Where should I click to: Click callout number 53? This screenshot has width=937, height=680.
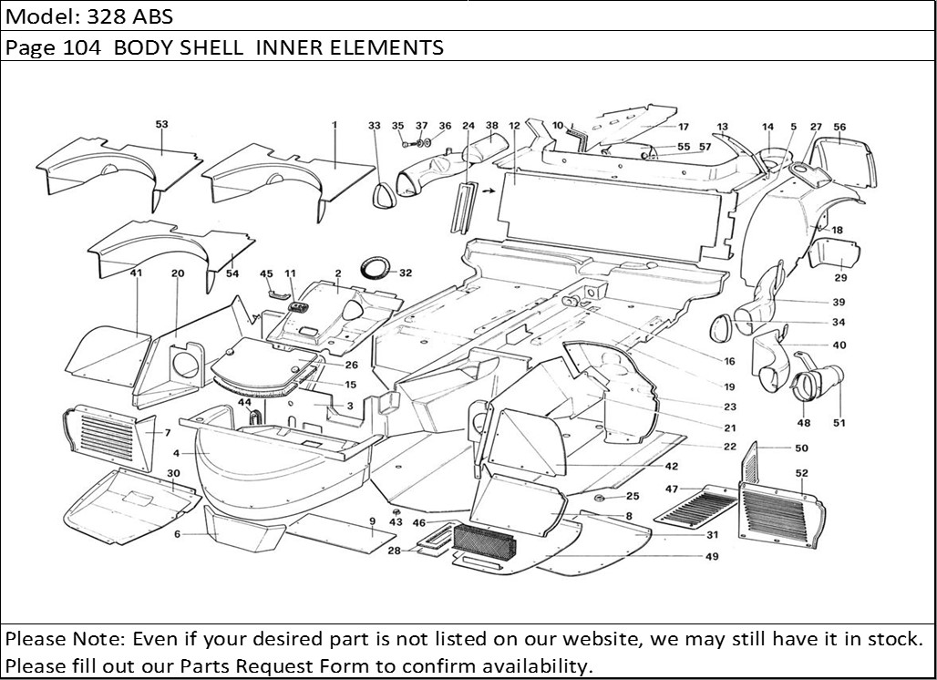pyautogui.click(x=161, y=124)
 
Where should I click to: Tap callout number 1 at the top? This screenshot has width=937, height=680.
pyautogui.click(x=335, y=124)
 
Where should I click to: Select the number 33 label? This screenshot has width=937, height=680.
pyautogui.click(x=375, y=125)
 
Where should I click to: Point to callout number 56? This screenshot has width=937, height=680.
pyautogui.click(x=839, y=128)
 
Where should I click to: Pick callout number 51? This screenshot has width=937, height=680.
pyautogui.click(x=839, y=422)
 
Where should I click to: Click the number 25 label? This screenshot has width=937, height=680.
pyautogui.click(x=632, y=496)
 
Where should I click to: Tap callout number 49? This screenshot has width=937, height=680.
pyautogui.click(x=711, y=556)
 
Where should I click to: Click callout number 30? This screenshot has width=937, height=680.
pyautogui.click(x=173, y=472)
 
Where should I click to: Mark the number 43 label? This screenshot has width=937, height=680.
pyautogui.click(x=396, y=522)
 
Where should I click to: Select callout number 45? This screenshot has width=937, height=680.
pyautogui.click(x=266, y=273)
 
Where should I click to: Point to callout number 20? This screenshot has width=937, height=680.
pyautogui.click(x=177, y=273)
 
